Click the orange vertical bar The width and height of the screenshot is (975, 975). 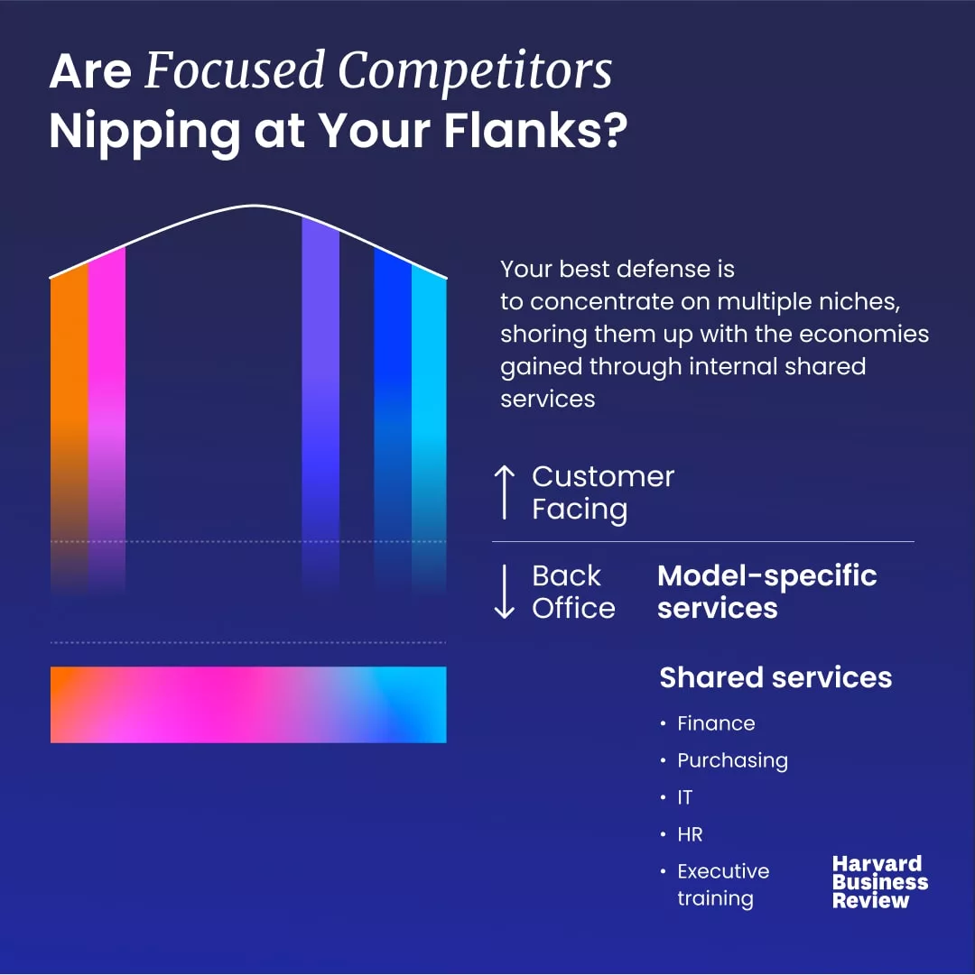(x=70, y=429)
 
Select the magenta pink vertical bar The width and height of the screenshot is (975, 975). (x=107, y=419)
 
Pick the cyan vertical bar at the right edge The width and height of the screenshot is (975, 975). (x=430, y=429)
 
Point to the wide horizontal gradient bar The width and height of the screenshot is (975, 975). (x=248, y=704)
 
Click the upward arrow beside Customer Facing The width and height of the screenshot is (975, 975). (x=504, y=492)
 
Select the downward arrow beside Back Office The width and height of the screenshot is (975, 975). (x=504, y=592)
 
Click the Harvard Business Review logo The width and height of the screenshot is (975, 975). (x=880, y=882)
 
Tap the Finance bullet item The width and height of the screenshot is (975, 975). (x=716, y=723)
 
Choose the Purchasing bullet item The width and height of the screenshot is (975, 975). (x=732, y=760)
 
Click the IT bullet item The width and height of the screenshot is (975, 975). (x=684, y=797)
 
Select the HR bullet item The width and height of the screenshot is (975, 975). (x=690, y=834)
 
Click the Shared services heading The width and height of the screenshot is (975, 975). (x=775, y=677)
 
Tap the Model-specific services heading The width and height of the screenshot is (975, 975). (x=767, y=592)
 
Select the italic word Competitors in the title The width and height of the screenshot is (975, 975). (x=475, y=71)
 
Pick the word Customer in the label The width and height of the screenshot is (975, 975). (x=603, y=477)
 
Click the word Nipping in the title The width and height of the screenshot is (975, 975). (x=145, y=133)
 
